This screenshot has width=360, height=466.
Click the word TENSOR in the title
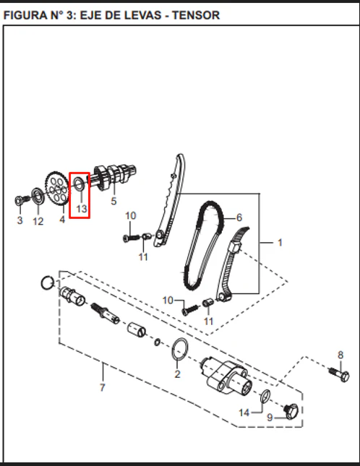tap(196, 15)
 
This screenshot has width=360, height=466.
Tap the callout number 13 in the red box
tap(82, 209)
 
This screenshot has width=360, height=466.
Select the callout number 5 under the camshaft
tap(113, 201)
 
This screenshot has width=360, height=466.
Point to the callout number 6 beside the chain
tap(239, 217)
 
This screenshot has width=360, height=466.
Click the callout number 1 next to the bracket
tap(280, 243)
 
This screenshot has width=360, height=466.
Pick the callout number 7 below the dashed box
tap(102, 387)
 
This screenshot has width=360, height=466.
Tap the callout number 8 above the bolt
tap(340, 355)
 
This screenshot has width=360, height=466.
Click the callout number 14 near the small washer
tap(244, 413)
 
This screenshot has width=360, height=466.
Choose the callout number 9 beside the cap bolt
tap(270, 418)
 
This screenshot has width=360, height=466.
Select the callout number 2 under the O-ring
tap(178, 374)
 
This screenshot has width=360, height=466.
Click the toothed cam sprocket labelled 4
tap(57, 189)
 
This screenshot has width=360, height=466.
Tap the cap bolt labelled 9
tap(291, 411)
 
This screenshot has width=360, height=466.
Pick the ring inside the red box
tap(75, 184)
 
